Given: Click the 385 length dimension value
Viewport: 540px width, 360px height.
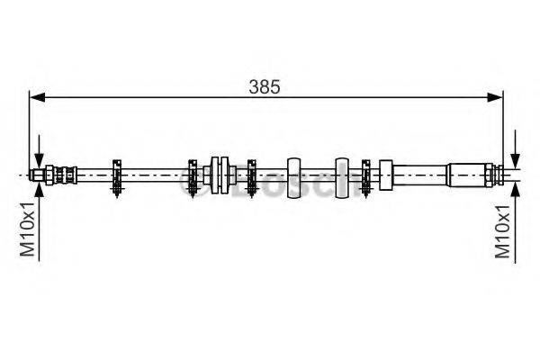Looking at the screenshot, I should point(266,87).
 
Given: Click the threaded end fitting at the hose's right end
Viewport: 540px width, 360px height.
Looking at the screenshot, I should point(493,173).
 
